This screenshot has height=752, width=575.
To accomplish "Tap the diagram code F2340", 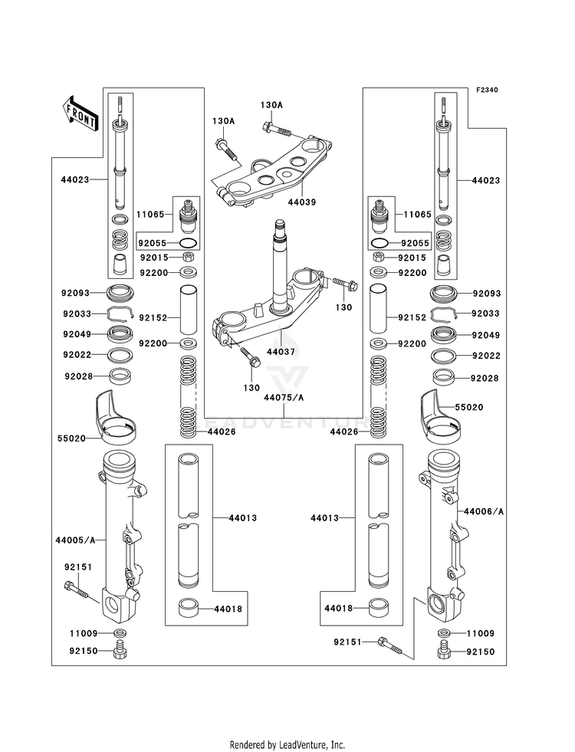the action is tap(488, 90).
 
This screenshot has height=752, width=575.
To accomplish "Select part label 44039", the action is tap(301, 202).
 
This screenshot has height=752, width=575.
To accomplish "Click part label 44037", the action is tap(281, 352).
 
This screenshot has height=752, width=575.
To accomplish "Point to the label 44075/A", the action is tap(284, 398).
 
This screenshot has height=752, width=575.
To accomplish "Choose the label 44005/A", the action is tap(75, 540).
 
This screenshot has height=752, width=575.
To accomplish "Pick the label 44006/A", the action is tap(484, 512).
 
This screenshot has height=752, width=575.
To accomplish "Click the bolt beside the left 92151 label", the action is tap(76, 589).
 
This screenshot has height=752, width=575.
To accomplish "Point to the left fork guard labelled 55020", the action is tap(114, 415).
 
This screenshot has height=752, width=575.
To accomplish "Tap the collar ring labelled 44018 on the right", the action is tap(379, 608).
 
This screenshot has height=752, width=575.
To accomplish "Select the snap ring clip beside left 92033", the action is tap(120, 314).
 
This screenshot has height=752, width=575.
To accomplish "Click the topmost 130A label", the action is tap(271, 105).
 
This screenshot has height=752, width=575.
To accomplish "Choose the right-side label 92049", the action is tap(486, 335).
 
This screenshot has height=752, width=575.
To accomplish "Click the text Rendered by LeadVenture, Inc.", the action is tap(287, 745).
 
